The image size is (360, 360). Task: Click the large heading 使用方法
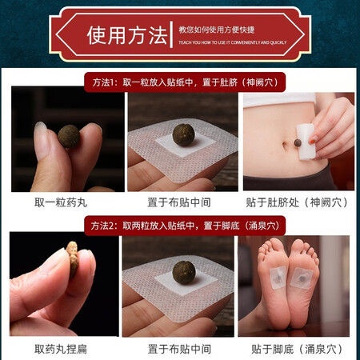pos(127,35)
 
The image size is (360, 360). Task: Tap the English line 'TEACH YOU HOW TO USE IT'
pos(205,42)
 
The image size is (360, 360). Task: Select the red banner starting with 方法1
pos(185,82)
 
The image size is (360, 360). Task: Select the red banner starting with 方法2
pos(185,226)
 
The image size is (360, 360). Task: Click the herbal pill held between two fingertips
pos(69,136)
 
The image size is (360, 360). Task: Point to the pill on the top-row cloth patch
pos(183,134)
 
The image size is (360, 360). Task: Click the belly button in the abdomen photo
pos(286,146)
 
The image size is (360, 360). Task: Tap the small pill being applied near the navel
pos(298,143)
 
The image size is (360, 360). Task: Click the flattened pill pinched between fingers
pos(73,259)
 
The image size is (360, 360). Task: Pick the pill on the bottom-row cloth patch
pos(184,272)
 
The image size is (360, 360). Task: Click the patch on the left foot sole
pos(278,278)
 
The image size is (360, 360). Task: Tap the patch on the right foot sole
pos(302,278)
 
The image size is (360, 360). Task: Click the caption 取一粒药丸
pos(61,202)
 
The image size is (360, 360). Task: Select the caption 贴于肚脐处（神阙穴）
pos(297,202)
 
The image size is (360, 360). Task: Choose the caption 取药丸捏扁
pos(61,349)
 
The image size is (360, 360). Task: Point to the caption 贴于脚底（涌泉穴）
pos(297,349)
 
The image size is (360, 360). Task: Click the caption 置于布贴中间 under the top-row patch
pos(179,202)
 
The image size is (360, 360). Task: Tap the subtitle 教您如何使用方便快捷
pos(217,30)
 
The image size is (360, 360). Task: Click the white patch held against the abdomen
pos(305,142)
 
